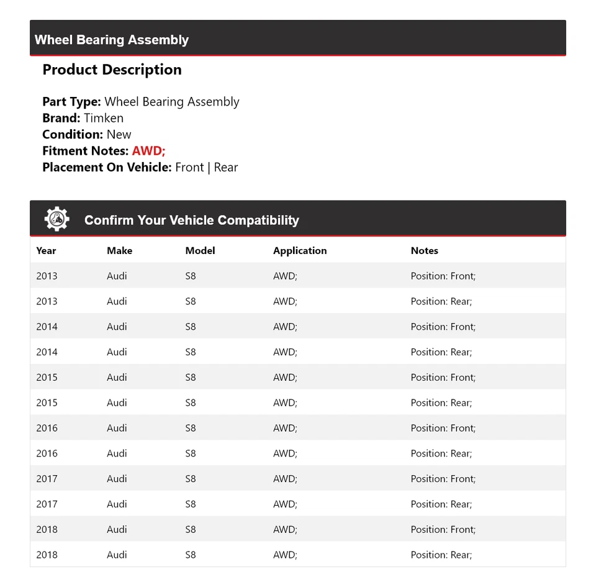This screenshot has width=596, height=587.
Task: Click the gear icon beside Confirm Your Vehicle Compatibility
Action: (x=56, y=219)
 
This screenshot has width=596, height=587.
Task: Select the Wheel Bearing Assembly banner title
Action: (x=112, y=40)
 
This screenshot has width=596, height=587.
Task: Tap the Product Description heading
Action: (x=112, y=70)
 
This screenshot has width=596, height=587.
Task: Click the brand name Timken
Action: (x=104, y=118)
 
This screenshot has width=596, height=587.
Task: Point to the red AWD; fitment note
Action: (x=148, y=151)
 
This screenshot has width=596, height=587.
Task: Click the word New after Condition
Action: (x=119, y=134)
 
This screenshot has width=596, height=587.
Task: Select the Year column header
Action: (x=46, y=251)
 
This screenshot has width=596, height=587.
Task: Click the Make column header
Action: (x=119, y=251)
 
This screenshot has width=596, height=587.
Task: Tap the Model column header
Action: (x=200, y=251)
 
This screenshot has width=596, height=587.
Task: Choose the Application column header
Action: (x=300, y=251)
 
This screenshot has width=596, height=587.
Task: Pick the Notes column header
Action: (x=425, y=251)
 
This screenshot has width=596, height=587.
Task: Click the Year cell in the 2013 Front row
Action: (x=47, y=276)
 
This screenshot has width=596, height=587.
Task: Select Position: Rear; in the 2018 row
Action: (x=441, y=555)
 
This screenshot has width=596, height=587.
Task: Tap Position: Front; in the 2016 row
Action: (x=443, y=428)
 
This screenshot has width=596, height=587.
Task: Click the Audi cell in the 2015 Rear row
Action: (x=117, y=403)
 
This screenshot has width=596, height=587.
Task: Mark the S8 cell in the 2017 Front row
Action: (x=191, y=479)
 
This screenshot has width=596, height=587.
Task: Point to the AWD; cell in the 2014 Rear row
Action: (x=285, y=352)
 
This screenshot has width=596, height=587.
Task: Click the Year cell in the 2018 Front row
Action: (x=47, y=529)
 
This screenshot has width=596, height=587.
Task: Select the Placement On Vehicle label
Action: (x=107, y=167)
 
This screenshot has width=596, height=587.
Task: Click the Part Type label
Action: (x=71, y=102)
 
